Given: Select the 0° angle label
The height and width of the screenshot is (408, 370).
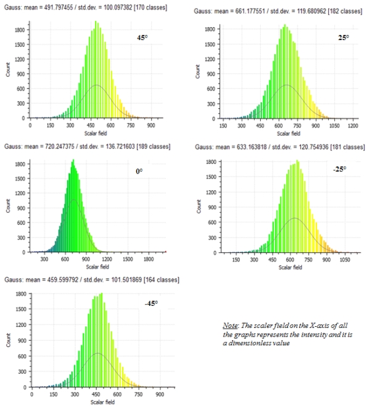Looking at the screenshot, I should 139,170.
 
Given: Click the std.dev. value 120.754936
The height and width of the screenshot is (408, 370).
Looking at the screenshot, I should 297,148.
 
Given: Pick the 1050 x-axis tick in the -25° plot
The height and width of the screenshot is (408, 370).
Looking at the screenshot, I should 343,260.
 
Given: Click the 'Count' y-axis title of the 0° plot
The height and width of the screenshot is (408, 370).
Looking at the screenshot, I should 9,207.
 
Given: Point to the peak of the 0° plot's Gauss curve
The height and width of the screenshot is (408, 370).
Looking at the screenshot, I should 73,199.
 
